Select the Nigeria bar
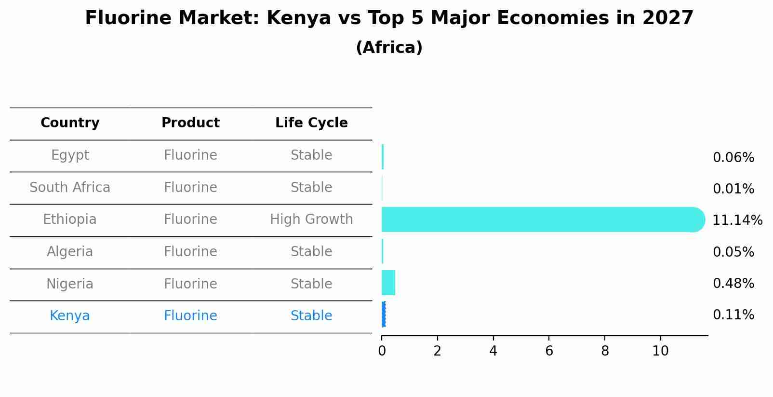pos(388,283)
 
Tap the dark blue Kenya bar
pos(384,315)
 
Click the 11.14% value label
pos(737,220)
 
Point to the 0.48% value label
pos(733,284)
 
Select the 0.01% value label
pos(733,189)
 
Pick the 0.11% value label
pos(733,315)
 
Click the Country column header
pos(70,123)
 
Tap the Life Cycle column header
pos(311,123)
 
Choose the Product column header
pos(190,123)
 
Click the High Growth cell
pos(311,219)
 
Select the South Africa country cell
pos(70,188)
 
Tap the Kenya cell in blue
pos(70,316)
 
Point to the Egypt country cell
pos(70,155)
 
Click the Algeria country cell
pos(70,252)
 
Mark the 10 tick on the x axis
pos(660,351)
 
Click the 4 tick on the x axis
pos(493,351)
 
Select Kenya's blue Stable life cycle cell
pos(311,316)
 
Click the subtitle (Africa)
pos(389,48)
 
